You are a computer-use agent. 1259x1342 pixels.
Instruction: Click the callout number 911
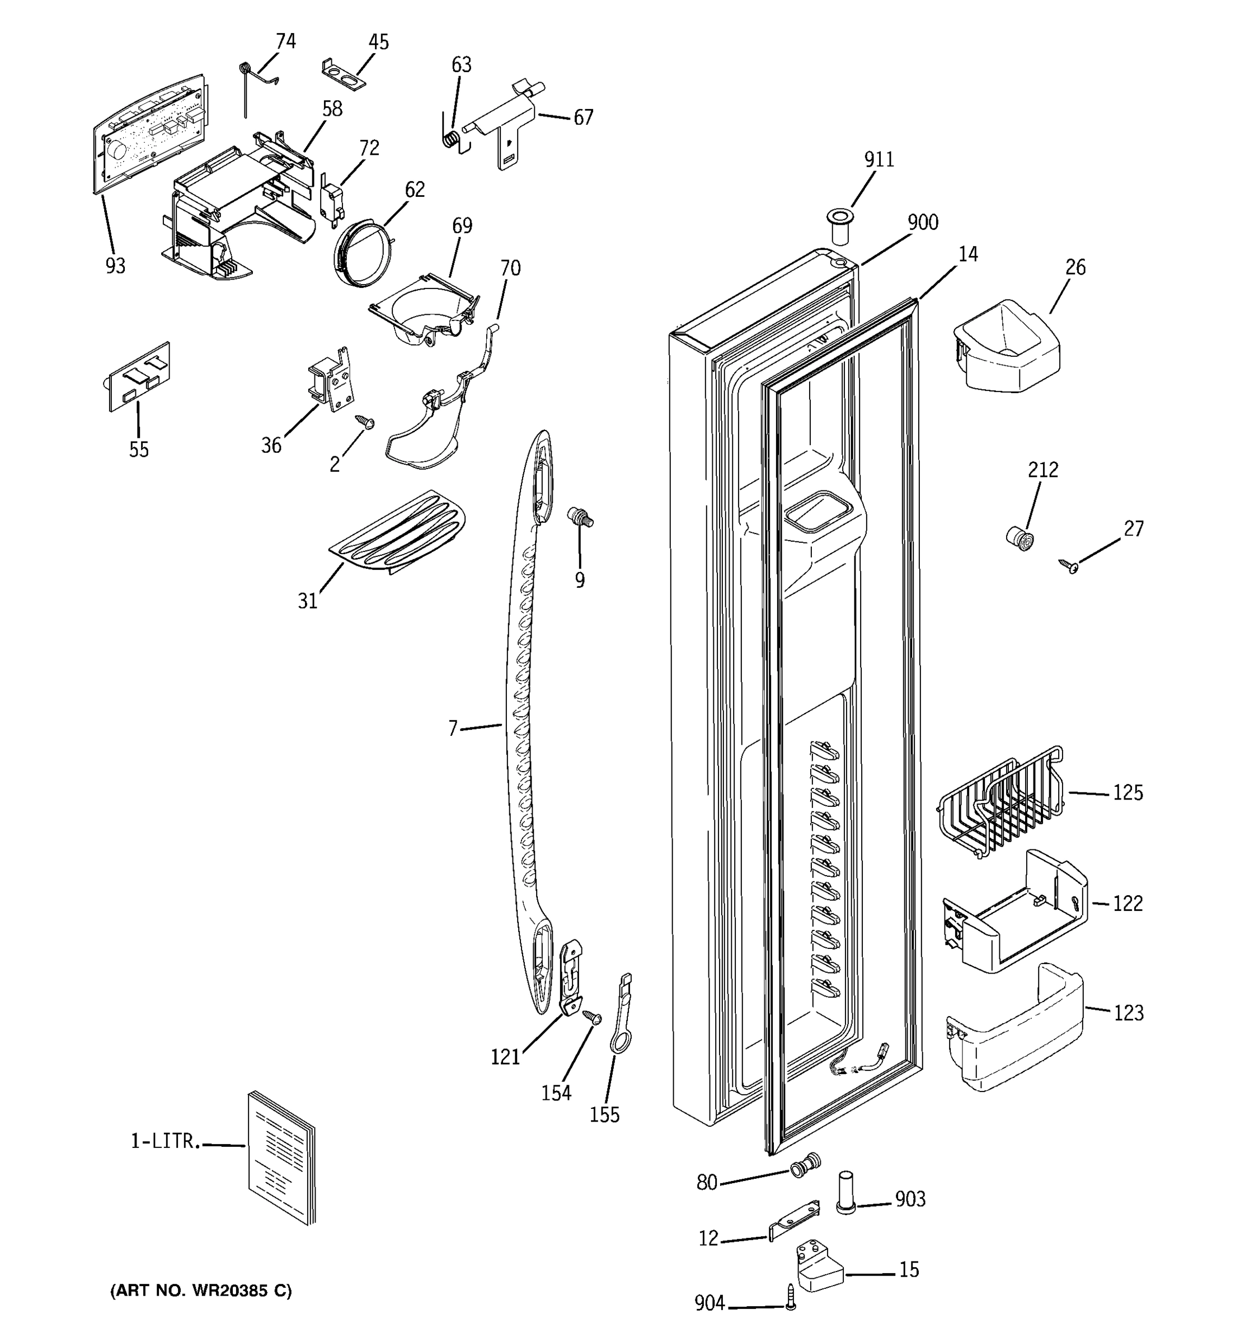tap(879, 159)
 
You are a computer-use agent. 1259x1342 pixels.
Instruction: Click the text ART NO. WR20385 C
tap(201, 1291)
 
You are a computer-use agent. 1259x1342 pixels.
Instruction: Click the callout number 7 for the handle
tap(453, 727)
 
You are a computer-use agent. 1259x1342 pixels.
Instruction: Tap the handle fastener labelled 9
tap(580, 518)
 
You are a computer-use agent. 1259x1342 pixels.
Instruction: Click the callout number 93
tap(115, 266)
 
